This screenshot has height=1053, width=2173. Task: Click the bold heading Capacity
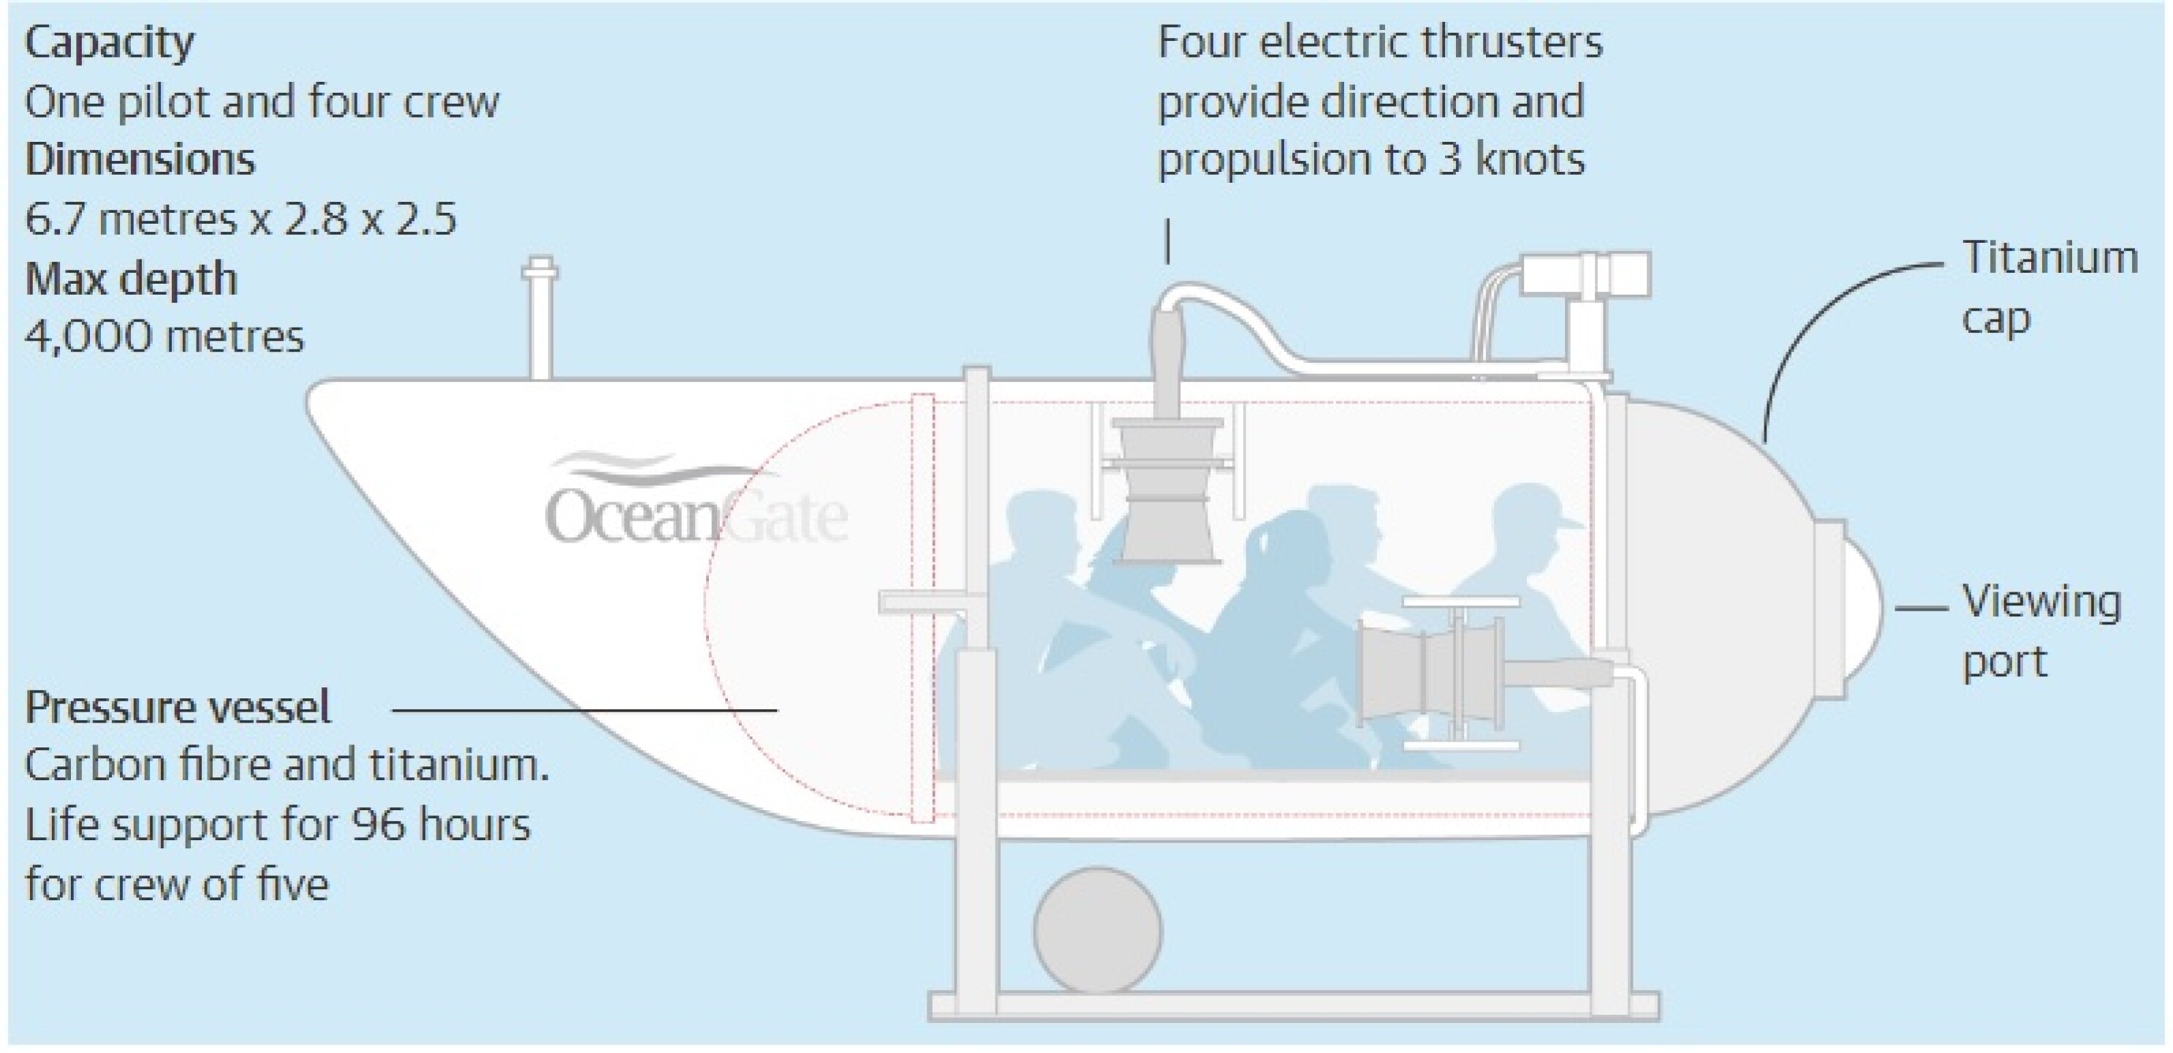click(109, 43)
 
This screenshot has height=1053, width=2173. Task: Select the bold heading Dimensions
click(140, 159)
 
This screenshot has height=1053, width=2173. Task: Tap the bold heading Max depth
click(131, 279)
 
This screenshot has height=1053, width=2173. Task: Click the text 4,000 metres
click(164, 338)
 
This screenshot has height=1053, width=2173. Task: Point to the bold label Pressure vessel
click(178, 707)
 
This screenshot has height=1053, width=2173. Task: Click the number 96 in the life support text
click(379, 824)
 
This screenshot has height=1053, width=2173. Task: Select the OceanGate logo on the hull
click(696, 502)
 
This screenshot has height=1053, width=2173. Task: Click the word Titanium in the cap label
click(2049, 257)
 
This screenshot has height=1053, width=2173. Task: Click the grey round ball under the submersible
click(1098, 930)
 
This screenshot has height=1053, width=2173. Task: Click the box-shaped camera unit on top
click(1586, 274)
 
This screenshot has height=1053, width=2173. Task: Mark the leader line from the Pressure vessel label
click(585, 711)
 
